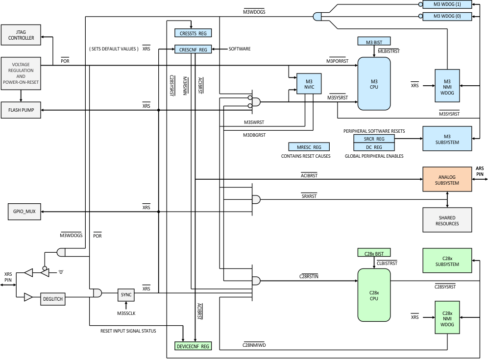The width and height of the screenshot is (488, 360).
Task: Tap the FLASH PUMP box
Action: [x=21, y=110]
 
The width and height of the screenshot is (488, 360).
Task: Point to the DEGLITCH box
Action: [x=52, y=298]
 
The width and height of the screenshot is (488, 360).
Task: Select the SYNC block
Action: [x=126, y=294]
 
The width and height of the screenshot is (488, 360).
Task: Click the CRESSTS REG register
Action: [x=193, y=33]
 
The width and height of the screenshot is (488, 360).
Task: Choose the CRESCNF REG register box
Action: [x=193, y=49]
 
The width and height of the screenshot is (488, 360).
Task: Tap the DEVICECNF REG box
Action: [x=193, y=346]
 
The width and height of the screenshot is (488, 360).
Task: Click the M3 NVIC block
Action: [x=309, y=84]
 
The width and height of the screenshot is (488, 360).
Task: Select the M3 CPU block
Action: [x=374, y=84]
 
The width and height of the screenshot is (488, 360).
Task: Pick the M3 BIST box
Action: [x=374, y=42]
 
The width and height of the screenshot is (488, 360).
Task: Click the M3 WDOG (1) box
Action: [x=447, y=4]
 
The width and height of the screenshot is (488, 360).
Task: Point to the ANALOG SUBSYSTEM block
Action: [x=447, y=179]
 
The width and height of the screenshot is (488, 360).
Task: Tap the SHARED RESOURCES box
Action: [x=447, y=220]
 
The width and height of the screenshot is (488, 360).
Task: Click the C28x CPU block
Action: [x=374, y=295]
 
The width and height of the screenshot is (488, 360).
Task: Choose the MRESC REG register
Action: [x=309, y=147]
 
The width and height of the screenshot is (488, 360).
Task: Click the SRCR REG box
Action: [x=374, y=139]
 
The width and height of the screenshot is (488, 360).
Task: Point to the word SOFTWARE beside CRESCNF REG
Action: [x=240, y=49]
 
